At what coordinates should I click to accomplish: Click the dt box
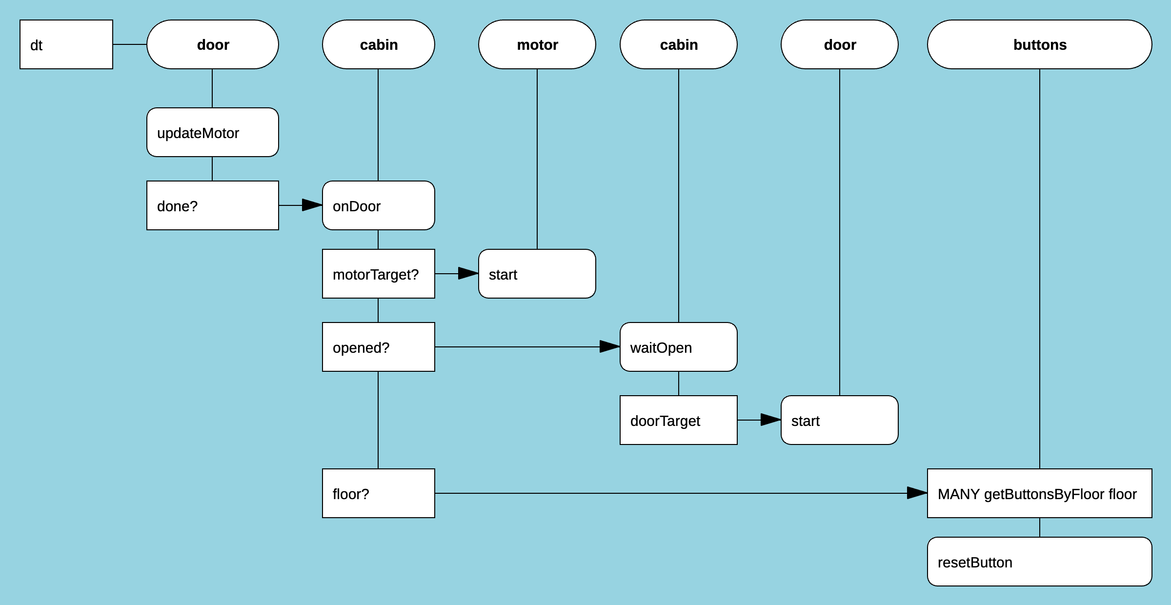[66, 44]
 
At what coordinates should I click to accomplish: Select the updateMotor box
[213, 132]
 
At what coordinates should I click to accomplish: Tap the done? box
[213, 205]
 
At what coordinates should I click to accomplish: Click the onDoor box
[379, 205]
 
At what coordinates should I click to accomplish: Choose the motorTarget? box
[379, 274]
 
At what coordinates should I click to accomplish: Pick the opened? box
[379, 347]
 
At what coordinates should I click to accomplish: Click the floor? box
[379, 493]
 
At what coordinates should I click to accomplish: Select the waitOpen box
[678, 347]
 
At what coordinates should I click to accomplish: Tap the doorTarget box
[678, 420]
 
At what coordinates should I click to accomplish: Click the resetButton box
[1039, 562]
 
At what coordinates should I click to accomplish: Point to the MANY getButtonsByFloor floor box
[1039, 493]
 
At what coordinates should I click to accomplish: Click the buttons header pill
[1039, 44]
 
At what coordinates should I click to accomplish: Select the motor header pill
[537, 44]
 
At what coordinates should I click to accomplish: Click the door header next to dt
[213, 44]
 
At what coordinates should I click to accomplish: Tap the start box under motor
[537, 274]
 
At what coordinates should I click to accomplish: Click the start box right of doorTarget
[839, 420]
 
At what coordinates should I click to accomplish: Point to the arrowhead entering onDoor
[313, 205]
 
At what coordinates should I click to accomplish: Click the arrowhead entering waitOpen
[610, 346]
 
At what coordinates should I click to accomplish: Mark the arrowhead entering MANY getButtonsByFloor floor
[918, 493]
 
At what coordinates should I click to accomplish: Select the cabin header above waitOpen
[678, 44]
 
